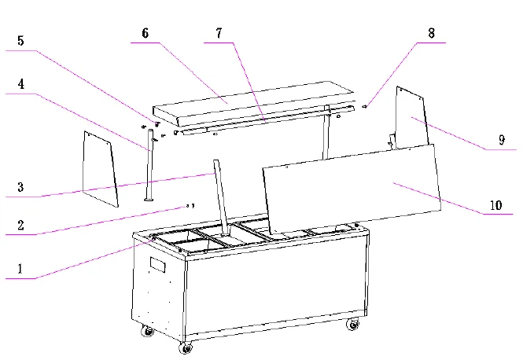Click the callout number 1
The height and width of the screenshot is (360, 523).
(x=21, y=267)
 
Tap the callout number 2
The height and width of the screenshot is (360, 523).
(x=21, y=223)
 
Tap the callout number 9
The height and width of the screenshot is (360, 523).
(x=501, y=140)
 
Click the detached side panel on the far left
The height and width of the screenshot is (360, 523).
(x=100, y=169)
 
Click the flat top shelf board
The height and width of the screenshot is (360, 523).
(x=244, y=101)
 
